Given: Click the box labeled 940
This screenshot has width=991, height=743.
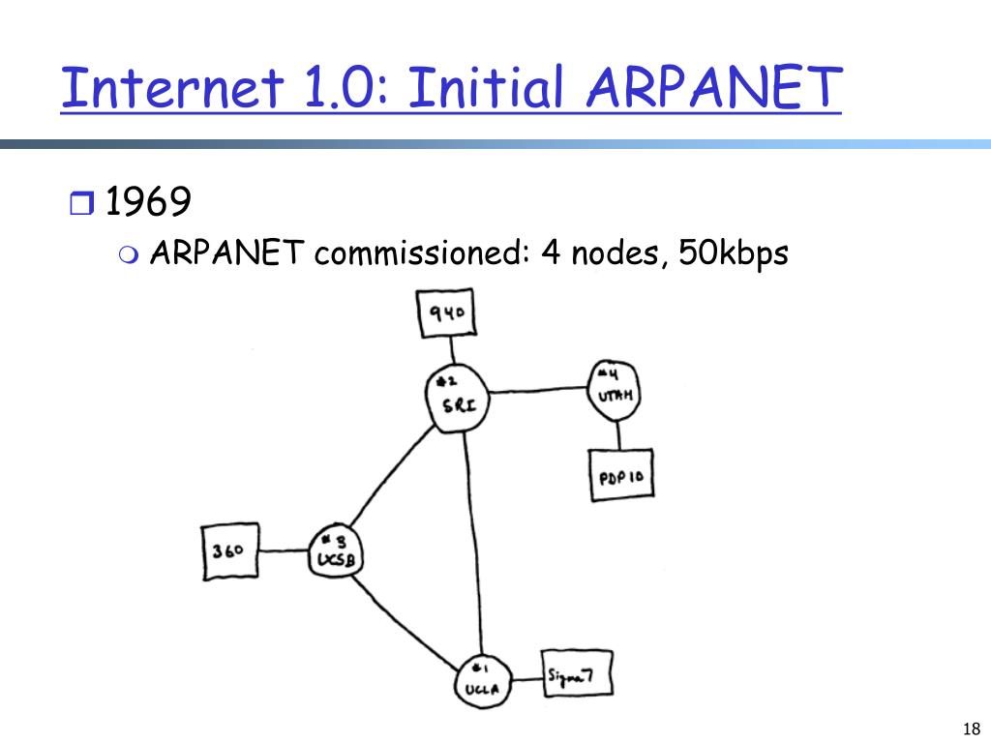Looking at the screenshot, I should coord(447,313).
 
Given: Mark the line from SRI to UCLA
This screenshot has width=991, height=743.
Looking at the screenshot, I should coord(471,542).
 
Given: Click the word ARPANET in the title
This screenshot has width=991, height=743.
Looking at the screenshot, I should coord(709,88).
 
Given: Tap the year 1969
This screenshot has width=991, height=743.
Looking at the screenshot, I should coord(147,203).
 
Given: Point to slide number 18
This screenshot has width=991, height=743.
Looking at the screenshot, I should coord(972,728).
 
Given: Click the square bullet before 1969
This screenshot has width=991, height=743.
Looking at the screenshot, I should coord(80,204).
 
